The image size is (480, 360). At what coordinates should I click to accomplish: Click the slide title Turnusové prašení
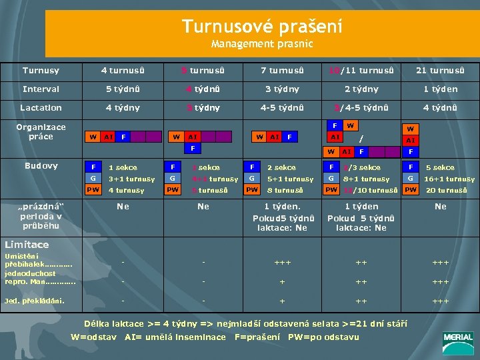(262, 27)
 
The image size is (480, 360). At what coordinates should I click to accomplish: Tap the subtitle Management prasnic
(262, 45)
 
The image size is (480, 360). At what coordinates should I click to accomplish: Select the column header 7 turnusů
(282, 71)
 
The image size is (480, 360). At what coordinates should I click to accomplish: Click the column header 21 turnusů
(440, 71)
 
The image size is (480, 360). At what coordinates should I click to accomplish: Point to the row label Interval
(41, 89)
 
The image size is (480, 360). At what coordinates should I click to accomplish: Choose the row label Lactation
(41, 107)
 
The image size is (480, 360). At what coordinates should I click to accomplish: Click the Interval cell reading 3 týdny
(282, 89)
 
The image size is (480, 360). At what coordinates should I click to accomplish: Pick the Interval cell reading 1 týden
(440, 89)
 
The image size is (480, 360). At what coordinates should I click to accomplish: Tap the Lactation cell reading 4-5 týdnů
(282, 107)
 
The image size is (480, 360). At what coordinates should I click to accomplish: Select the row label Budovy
(41, 166)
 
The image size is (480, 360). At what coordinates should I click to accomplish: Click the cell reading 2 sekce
(281, 167)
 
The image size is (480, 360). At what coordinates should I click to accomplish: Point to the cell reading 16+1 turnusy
(450, 179)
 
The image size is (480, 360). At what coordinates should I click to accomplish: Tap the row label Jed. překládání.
(34, 300)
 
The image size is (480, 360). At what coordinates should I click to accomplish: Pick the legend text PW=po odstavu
(323, 337)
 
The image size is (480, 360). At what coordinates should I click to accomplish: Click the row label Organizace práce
(41, 132)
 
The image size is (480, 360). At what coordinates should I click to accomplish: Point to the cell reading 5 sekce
(440, 167)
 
